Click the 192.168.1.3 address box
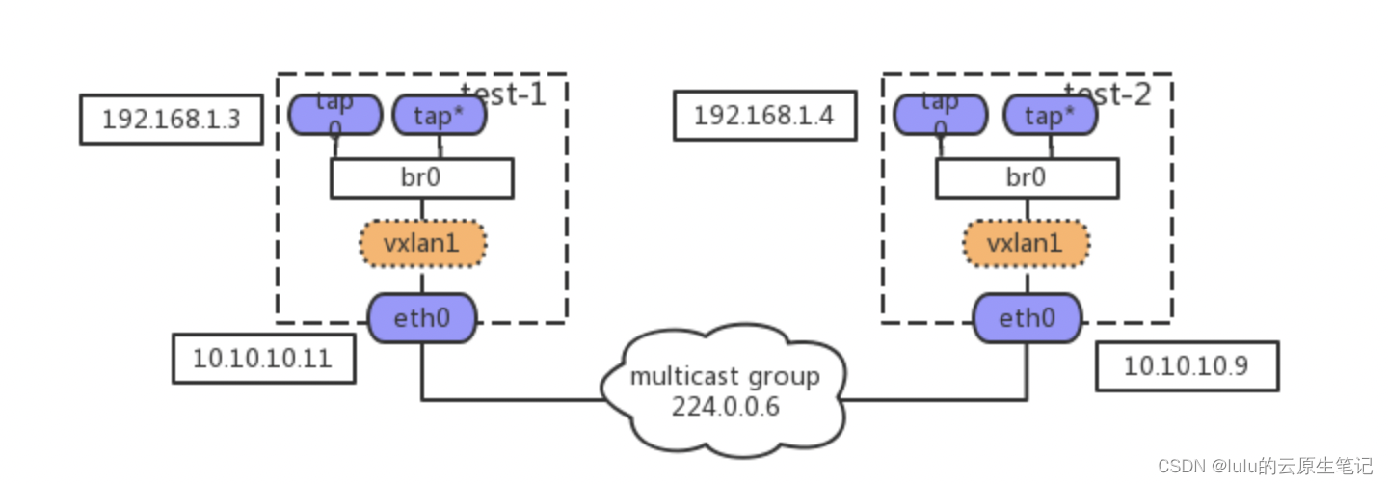171,120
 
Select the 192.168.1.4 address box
764,117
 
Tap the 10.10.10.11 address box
263,359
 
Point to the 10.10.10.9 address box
1187,366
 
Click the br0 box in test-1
421,178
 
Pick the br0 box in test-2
1027,178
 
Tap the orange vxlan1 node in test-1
422,244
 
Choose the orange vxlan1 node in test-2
1027,244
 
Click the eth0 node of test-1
422,318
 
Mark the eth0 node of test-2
1027,318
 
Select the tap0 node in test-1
335,115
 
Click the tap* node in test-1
440,116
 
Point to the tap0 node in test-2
940,115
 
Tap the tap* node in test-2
1051,116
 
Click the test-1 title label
502,94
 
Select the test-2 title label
1108,94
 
